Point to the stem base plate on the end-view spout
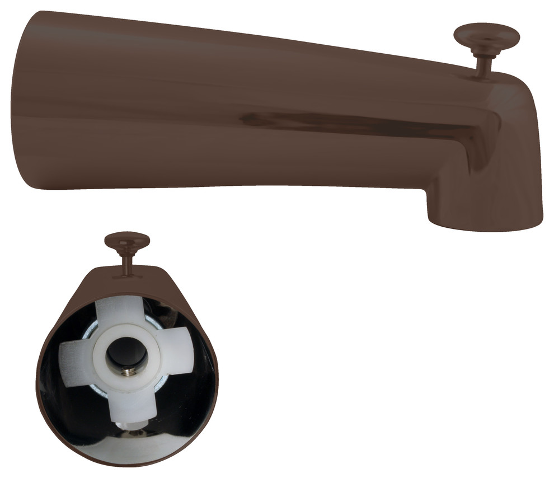click(x=127, y=275)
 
